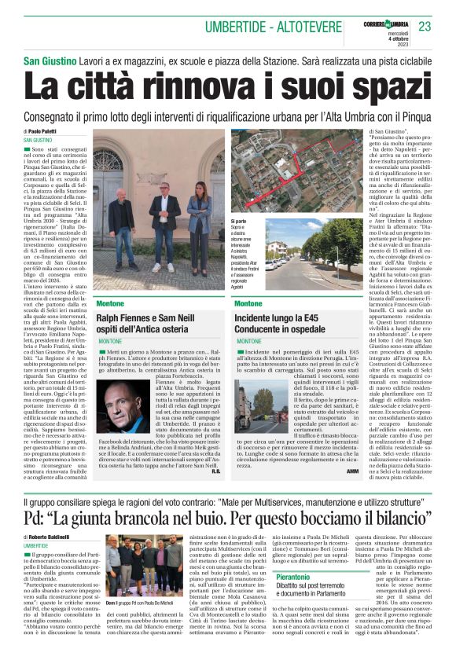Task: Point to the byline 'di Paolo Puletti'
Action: (x=44, y=131)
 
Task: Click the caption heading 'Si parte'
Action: (x=239, y=223)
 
